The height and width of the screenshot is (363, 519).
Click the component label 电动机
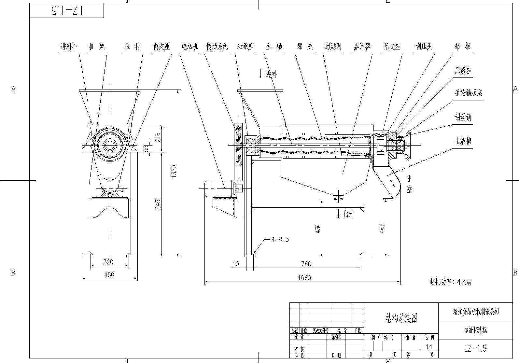[x=189, y=47]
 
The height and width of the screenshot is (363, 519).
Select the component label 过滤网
[x=333, y=47]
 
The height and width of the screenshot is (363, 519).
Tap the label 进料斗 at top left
[x=69, y=47]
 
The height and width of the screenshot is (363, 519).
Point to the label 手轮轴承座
[x=468, y=93]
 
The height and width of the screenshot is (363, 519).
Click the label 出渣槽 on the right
[x=463, y=141]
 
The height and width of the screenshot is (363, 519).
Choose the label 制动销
[x=463, y=117]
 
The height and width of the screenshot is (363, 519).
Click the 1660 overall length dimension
[x=304, y=278]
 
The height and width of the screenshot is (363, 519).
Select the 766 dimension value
[x=306, y=264]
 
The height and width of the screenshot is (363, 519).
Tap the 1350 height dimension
[x=174, y=171]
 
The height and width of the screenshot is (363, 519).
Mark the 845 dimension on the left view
[x=158, y=204]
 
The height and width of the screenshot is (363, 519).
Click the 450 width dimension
[x=109, y=275]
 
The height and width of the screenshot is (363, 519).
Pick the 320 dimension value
[x=108, y=262]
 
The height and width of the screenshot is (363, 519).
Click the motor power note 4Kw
[x=450, y=282]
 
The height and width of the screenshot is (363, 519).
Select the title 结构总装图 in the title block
[x=401, y=318]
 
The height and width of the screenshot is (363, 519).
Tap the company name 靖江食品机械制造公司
[x=476, y=312]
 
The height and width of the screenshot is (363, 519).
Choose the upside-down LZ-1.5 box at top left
[x=67, y=11]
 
